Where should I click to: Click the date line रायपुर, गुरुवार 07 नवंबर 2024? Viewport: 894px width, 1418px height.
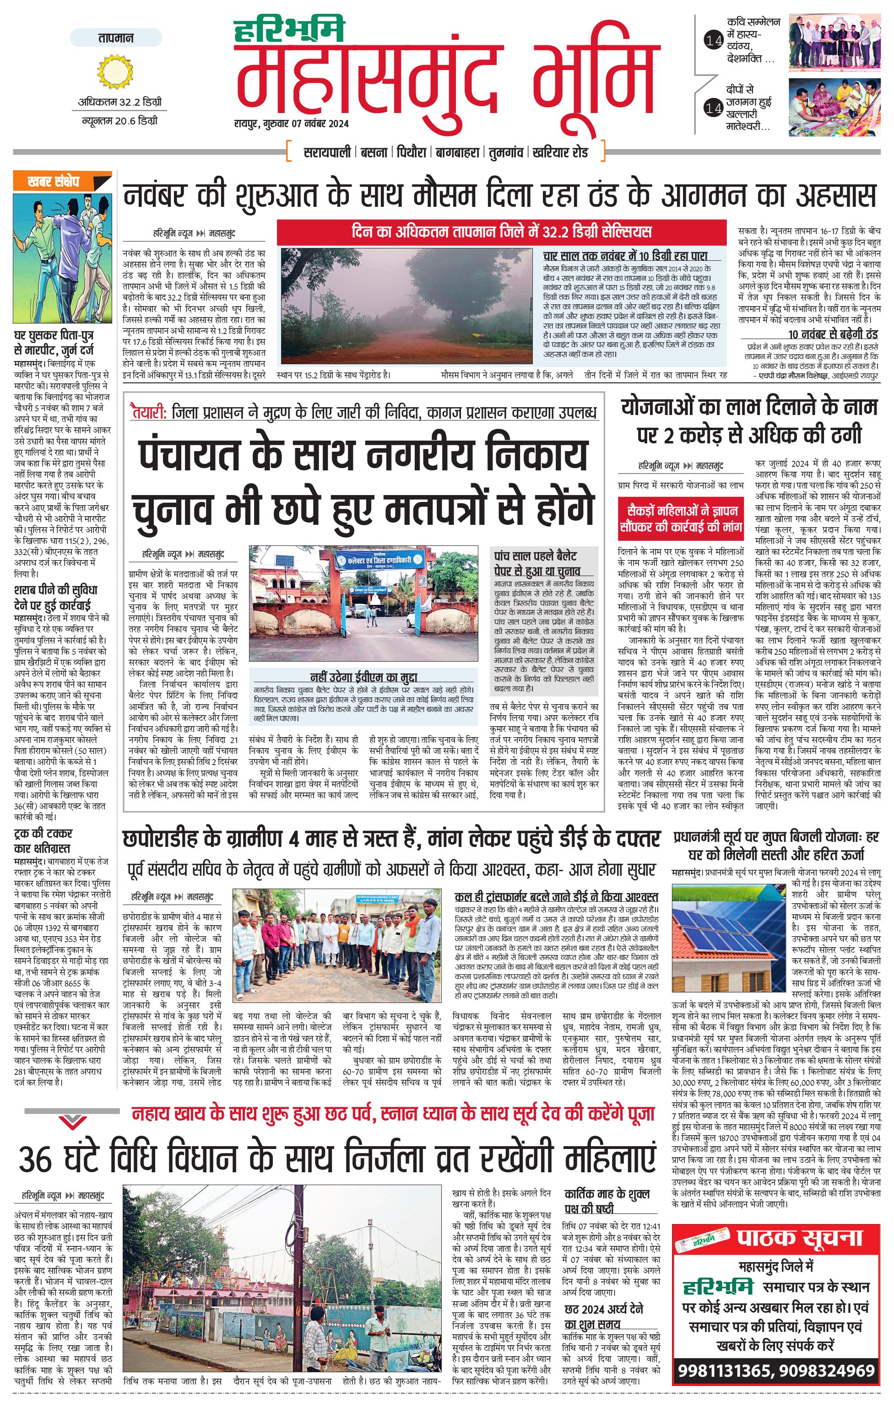[291, 124]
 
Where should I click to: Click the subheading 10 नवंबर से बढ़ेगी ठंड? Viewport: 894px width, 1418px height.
[832, 334]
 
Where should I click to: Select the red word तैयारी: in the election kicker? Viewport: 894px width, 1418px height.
[150, 412]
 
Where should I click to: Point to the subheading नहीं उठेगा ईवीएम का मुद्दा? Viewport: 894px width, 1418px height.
[363, 677]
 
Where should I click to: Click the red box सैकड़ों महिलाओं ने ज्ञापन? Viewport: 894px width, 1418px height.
[680, 518]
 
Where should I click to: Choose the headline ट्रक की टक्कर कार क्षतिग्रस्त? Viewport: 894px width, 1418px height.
[43, 841]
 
